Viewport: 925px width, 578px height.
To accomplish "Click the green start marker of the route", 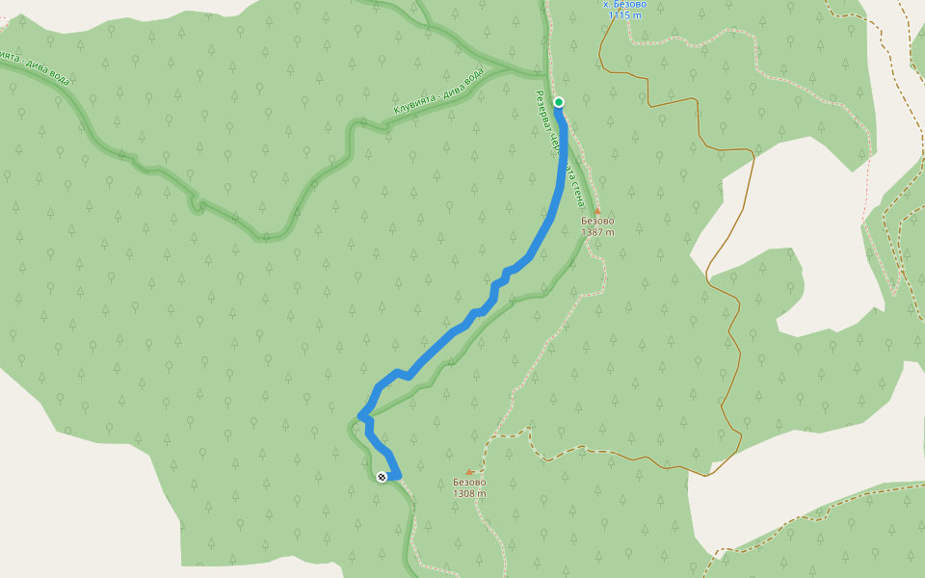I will (x=558, y=102).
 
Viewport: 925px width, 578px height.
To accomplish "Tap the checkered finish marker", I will (x=383, y=477).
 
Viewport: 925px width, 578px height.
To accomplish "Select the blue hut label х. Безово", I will (x=624, y=5).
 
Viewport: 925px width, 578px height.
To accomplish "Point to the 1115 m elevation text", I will (x=625, y=15).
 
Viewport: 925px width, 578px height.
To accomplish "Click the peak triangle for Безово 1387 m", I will (x=597, y=210).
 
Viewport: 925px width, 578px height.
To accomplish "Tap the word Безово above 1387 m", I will (x=597, y=221).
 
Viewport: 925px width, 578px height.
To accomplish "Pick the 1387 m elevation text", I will (x=597, y=232).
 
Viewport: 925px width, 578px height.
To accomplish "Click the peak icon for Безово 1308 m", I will (x=469, y=471).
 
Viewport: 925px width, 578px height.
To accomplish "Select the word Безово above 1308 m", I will (x=469, y=483).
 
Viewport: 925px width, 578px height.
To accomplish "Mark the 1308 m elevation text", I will (x=469, y=494).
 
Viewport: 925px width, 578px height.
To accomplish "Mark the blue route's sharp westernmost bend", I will (x=361, y=415).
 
